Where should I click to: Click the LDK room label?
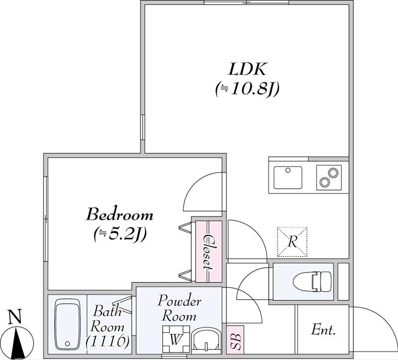247,69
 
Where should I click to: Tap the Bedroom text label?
120,215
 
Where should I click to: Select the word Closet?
209,252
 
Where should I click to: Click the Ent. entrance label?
323,330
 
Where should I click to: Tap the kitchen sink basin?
288,178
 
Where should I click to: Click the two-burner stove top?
329,178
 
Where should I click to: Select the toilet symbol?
312,281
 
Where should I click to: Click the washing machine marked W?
176,339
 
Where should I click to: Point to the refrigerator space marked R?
292,242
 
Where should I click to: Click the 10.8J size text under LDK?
247,90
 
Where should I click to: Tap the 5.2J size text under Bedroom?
120,234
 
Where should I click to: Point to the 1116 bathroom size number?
107,341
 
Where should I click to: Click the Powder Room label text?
180,309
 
